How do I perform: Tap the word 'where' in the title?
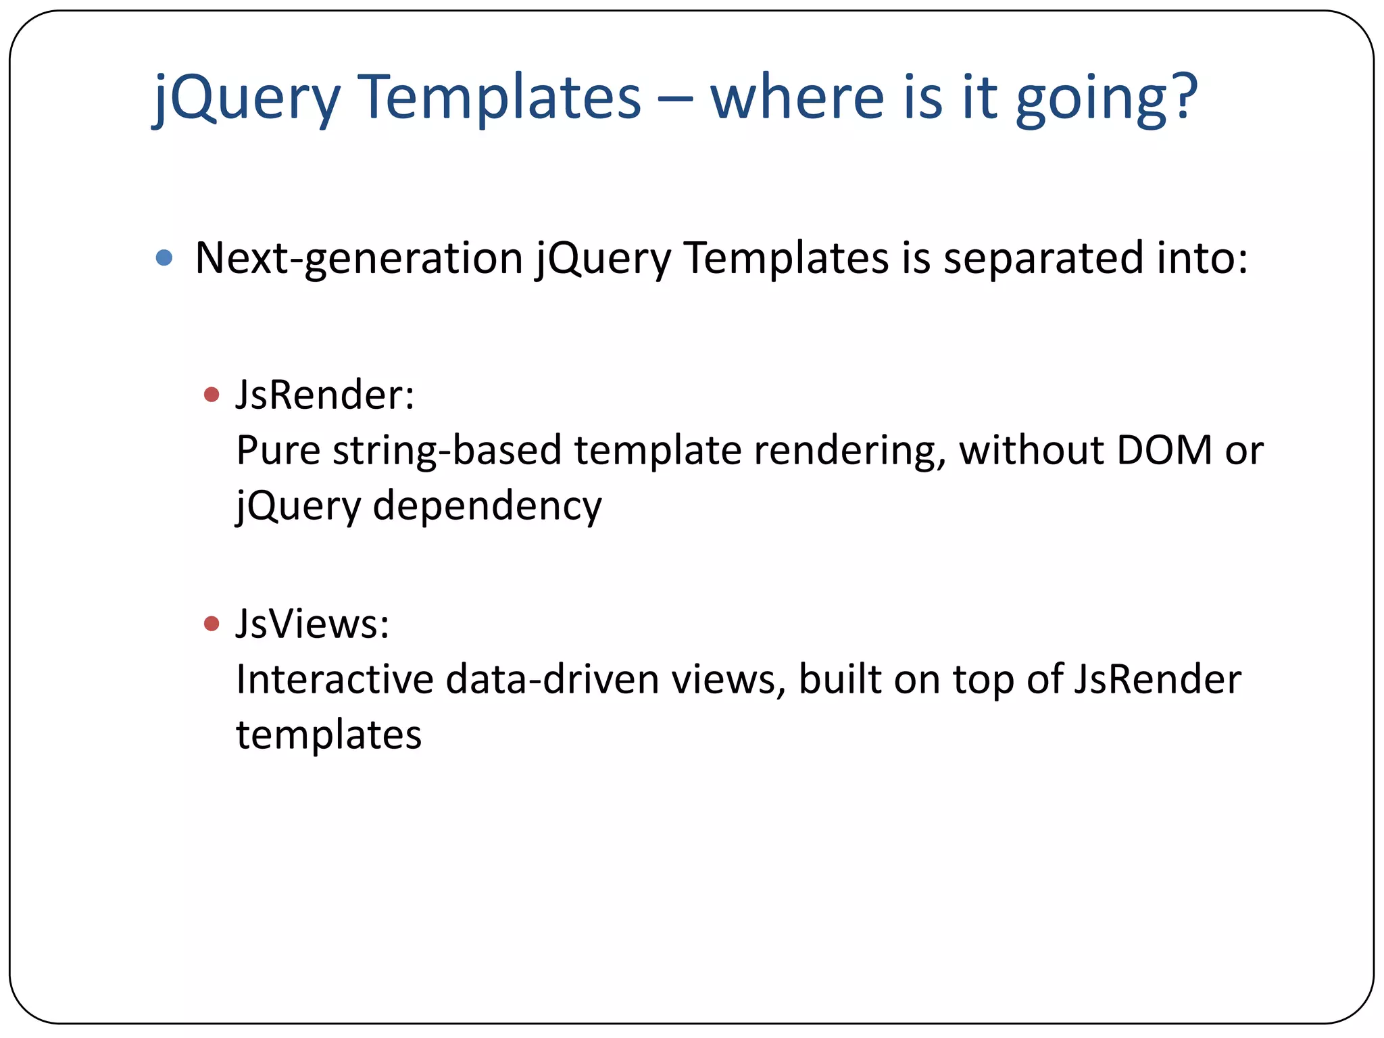[797, 97]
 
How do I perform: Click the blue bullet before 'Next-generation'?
[164, 257]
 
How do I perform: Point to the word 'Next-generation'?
[358, 259]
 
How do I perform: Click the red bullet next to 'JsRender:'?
[212, 395]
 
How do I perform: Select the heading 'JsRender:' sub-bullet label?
[324, 395]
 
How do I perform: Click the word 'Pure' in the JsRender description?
[278, 451]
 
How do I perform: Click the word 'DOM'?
[1164, 450]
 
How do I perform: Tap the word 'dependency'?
[487, 507]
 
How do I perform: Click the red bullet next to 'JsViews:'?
[212, 623]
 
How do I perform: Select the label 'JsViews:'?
[312, 623]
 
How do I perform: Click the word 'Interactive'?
[335, 679]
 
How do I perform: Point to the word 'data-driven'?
[552, 679]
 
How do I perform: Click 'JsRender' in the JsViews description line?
[1156, 679]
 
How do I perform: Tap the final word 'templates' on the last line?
[328, 735]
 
